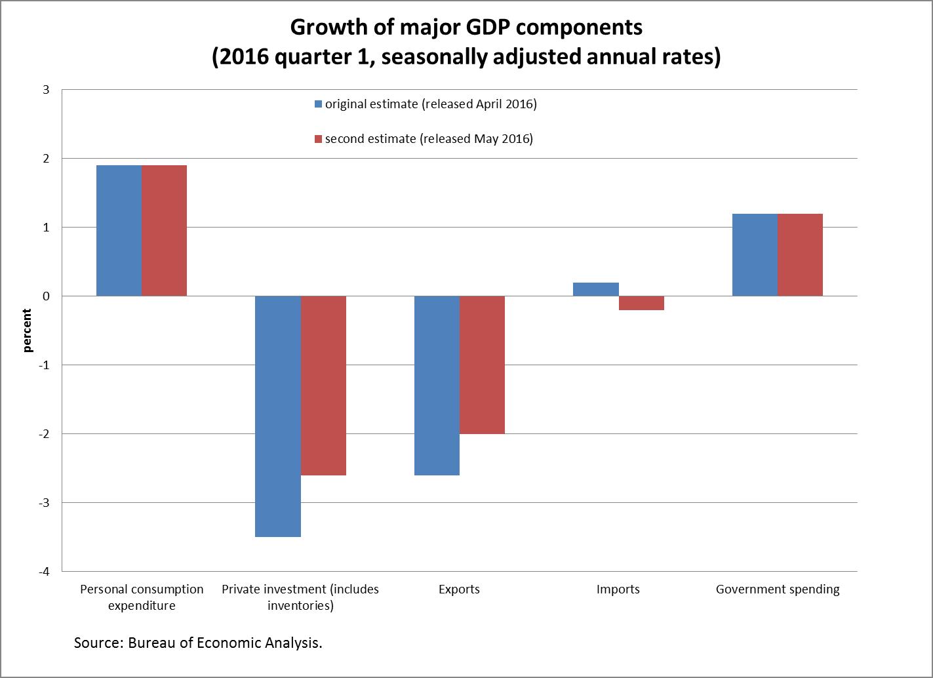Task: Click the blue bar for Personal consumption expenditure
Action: (119, 231)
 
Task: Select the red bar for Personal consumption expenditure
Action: (164, 231)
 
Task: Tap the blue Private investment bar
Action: (278, 416)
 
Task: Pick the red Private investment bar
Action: (323, 386)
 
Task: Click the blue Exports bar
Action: (437, 386)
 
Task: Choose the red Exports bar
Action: (483, 365)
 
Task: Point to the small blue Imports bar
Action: (596, 289)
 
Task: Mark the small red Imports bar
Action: (641, 303)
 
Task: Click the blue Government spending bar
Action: (755, 255)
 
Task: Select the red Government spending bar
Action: (800, 255)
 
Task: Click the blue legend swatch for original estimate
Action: (318, 104)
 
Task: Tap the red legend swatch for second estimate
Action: (318, 139)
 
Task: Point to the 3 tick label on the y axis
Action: (46, 90)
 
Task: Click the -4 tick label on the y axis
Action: (44, 571)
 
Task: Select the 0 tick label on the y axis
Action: (46, 296)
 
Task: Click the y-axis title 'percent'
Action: (27, 330)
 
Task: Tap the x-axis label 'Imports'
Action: (618, 589)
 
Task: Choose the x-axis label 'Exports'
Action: (459, 589)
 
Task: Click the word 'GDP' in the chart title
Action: (487, 28)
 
